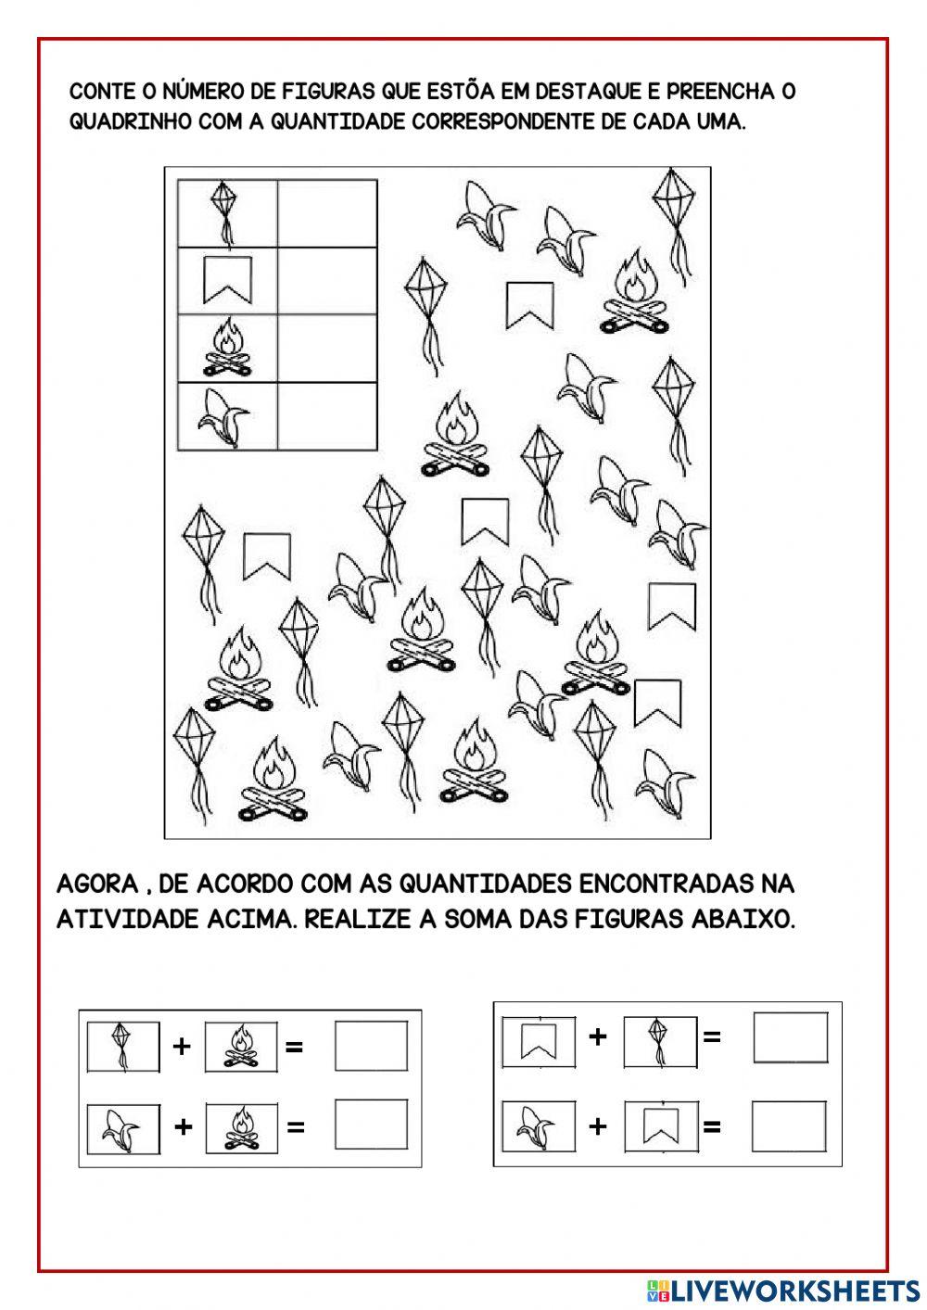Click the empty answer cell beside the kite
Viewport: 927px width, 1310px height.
(x=327, y=213)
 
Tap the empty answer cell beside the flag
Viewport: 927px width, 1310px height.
(x=327, y=281)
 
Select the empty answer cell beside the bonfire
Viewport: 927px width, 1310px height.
(x=327, y=349)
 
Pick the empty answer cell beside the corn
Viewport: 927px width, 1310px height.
(x=327, y=416)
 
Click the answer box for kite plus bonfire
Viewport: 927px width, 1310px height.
(x=371, y=1046)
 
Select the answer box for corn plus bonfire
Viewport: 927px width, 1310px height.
(x=371, y=1125)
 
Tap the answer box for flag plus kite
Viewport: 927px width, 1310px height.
(x=790, y=1037)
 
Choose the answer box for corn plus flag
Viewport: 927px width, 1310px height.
(x=789, y=1126)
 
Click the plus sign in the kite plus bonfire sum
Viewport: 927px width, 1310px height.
(x=182, y=1047)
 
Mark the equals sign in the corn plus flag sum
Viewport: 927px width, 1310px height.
(x=712, y=1127)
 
